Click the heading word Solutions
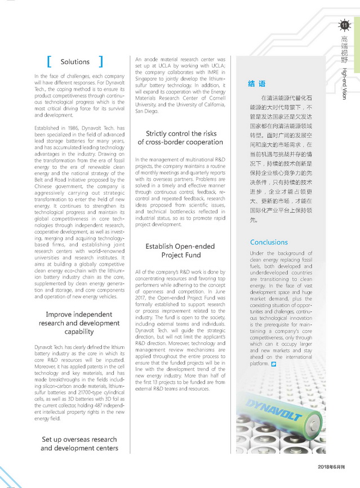click(x=75, y=61)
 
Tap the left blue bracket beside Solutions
click(x=50, y=61)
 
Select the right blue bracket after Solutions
click(x=100, y=61)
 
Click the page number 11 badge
click(x=344, y=25)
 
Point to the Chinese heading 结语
click(x=257, y=84)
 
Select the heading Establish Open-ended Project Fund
click(x=180, y=250)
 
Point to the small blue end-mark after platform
click(x=274, y=365)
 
